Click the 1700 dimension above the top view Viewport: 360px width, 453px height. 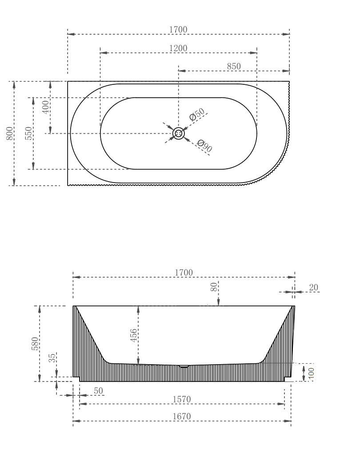coord(178,30)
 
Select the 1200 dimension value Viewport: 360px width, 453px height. coord(178,48)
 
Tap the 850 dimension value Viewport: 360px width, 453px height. coord(234,67)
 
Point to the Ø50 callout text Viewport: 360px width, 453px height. coord(197,114)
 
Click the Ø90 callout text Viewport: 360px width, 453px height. coord(204,146)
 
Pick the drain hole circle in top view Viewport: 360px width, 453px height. coord(178,133)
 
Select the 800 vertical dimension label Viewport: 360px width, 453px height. coord(9,133)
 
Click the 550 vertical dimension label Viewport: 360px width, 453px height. coord(28,133)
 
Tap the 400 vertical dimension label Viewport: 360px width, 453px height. coord(45,107)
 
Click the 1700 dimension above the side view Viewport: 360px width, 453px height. coord(184,273)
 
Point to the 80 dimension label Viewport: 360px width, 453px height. coord(213,287)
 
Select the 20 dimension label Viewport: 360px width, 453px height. coord(313,288)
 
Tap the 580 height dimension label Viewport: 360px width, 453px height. coord(35,343)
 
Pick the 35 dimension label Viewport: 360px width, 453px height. coord(52,358)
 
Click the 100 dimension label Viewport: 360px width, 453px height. coord(311,372)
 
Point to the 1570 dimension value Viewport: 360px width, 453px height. coord(182,399)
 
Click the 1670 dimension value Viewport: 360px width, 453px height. coord(182,417)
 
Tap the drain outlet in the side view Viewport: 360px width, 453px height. coord(184,367)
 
